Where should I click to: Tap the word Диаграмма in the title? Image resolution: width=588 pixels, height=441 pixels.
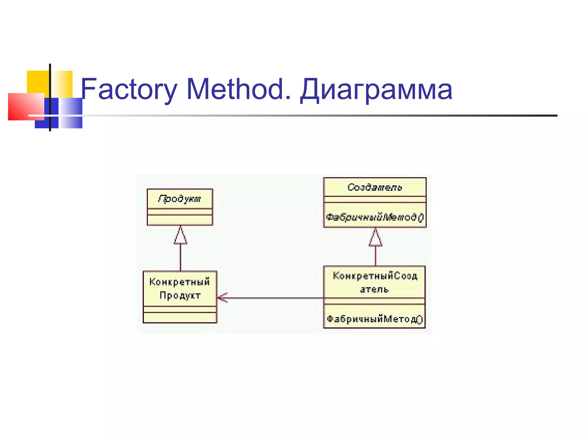[x=376, y=90]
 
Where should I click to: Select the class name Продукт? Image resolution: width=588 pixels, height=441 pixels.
[x=180, y=199]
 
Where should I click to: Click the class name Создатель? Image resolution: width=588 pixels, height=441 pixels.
[x=375, y=187]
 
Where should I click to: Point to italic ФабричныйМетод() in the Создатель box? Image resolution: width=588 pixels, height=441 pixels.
[x=375, y=217]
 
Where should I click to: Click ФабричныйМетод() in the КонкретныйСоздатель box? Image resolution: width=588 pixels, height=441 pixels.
[x=375, y=319]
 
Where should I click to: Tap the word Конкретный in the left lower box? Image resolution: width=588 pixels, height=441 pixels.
[x=180, y=282]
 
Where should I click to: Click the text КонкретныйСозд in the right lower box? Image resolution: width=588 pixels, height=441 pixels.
[x=375, y=276]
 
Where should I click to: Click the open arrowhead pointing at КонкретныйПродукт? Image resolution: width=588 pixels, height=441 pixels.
[x=223, y=298]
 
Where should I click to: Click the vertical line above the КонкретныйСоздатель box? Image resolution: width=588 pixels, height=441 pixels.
[x=376, y=256]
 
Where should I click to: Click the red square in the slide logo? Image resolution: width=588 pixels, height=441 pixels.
[x=22, y=106]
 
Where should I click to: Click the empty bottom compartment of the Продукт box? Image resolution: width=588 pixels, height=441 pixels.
[x=180, y=220]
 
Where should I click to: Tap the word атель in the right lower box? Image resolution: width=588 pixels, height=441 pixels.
[x=374, y=289]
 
